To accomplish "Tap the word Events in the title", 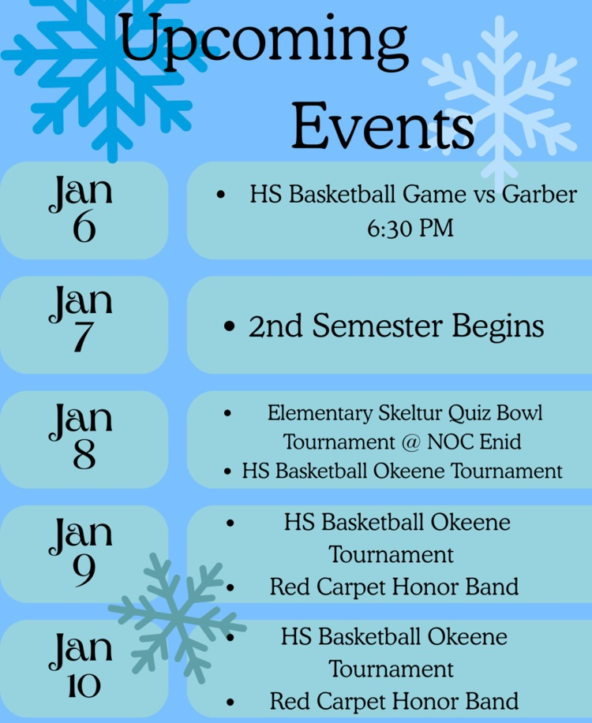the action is tap(383, 126).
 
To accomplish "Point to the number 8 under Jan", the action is tap(84, 454).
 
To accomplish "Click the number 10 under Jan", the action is tap(84, 686).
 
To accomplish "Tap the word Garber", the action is tap(539, 194).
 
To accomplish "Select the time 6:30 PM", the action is tap(410, 228).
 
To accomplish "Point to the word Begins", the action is tap(498, 327).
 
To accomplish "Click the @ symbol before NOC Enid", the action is tap(411, 442).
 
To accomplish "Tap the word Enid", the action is tap(500, 442).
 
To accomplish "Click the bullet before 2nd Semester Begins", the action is tap(229, 327).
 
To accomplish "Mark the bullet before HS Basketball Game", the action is tap(220, 195).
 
